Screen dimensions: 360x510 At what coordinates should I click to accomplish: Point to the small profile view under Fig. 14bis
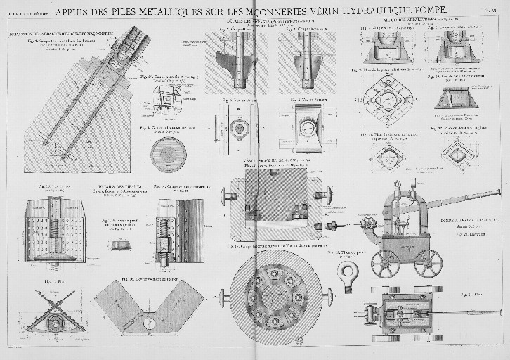pyautogui.click(x=117, y=244)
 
